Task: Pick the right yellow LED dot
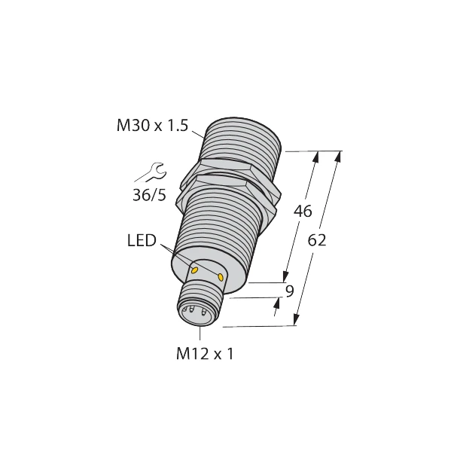[221, 278]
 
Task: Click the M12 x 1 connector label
[204, 352]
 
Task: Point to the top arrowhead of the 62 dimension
[337, 157]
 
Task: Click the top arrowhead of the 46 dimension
[315, 157]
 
